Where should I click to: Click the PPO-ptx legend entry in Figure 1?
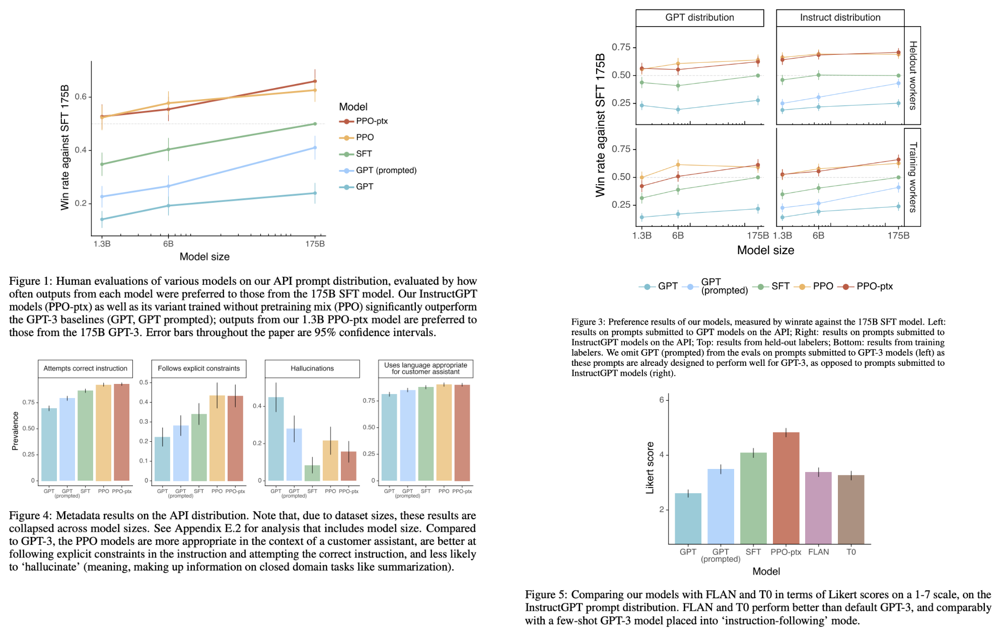tap(371, 121)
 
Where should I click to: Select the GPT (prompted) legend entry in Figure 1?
tap(386, 171)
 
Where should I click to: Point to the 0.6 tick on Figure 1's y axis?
tap(81, 97)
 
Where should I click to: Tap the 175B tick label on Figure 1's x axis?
tap(315, 244)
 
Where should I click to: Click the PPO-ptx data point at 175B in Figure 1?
tap(315, 81)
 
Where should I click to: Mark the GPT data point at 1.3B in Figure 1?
tap(102, 219)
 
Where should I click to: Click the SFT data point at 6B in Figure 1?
tap(169, 149)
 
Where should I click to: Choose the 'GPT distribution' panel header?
tap(699, 18)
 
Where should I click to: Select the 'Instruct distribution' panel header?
tap(840, 18)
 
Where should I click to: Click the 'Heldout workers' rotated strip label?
tap(912, 75)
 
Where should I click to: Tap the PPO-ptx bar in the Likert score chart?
tap(786, 488)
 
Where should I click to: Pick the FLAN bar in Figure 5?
tap(818, 508)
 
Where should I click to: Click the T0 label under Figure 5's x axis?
tap(851, 552)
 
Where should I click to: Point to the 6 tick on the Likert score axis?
tap(662, 400)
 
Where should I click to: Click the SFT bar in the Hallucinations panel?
tap(312, 473)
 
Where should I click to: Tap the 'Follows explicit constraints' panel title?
tap(199, 369)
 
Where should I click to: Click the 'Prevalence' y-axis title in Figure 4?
tap(15, 431)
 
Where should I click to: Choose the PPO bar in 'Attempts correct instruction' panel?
tap(103, 433)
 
